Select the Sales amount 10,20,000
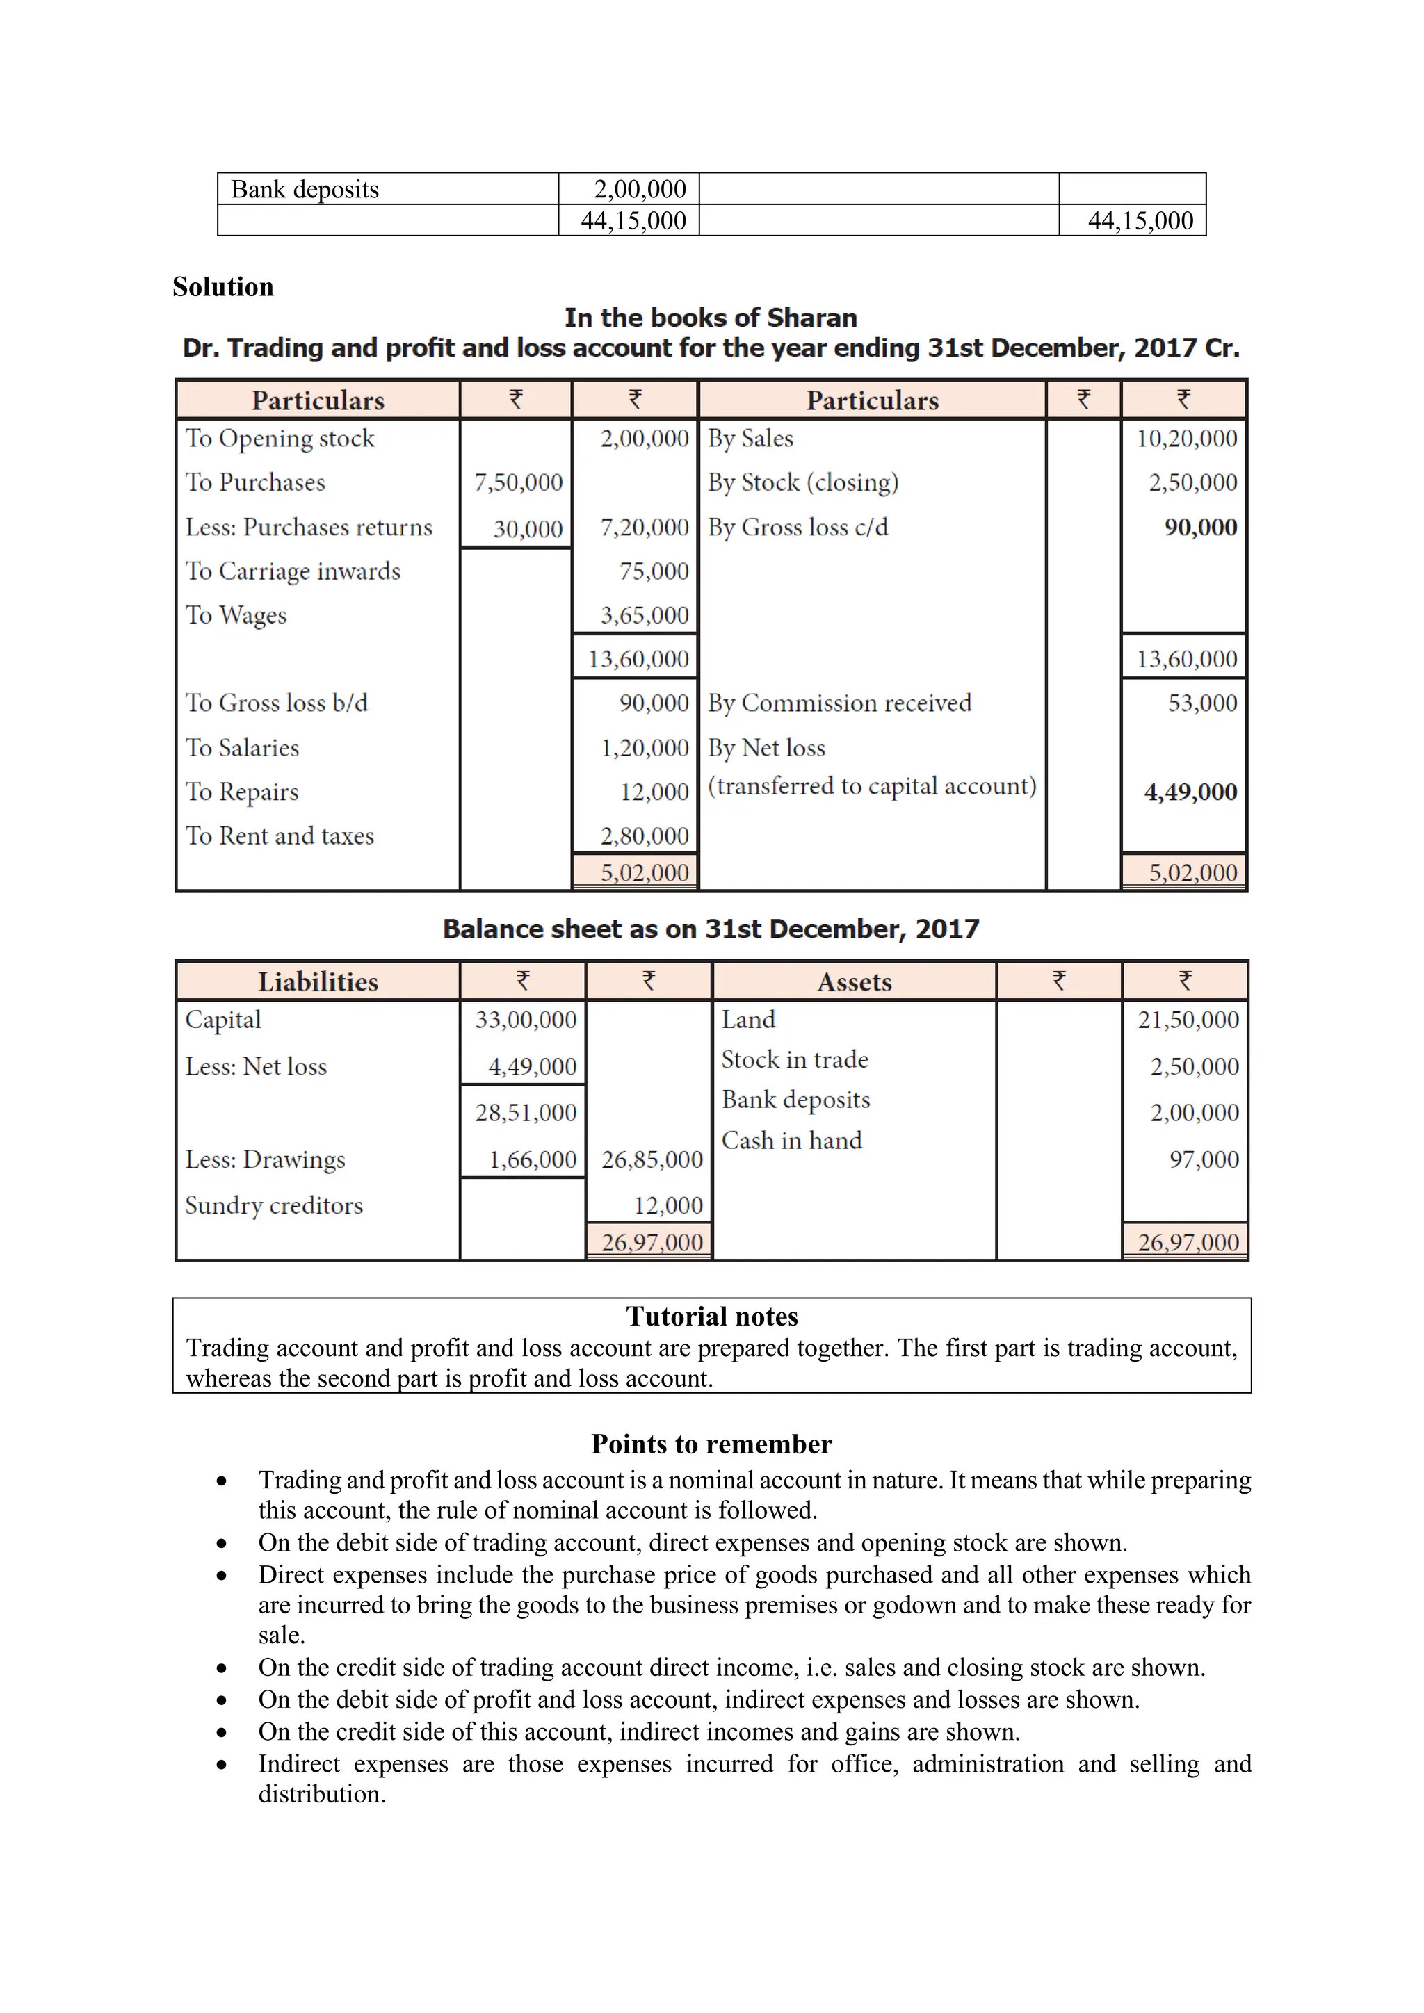click(1186, 439)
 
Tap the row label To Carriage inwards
click(293, 571)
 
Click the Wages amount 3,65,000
click(645, 614)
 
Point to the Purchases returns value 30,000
click(528, 529)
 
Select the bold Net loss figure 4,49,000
click(1190, 792)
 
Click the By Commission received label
click(839, 703)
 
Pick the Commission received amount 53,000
click(1202, 703)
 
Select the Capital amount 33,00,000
click(525, 1020)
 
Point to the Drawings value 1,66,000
click(532, 1160)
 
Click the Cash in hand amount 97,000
click(1203, 1160)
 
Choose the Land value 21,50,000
click(1188, 1020)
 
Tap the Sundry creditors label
click(273, 1205)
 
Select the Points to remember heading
click(711, 1443)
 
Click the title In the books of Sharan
click(710, 318)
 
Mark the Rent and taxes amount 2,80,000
click(645, 836)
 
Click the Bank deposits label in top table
click(305, 189)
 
